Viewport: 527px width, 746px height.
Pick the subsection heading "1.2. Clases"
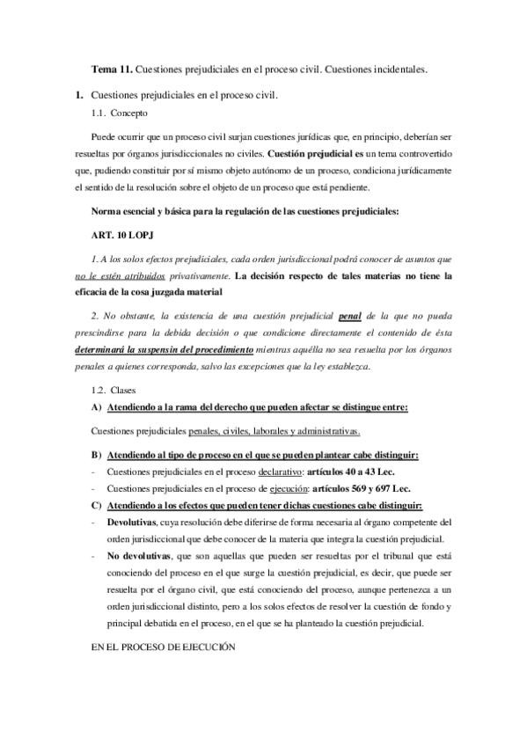[115, 389]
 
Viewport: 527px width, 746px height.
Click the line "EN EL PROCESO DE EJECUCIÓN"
[164, 646]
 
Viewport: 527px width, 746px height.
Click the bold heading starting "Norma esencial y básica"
[250, 213]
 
